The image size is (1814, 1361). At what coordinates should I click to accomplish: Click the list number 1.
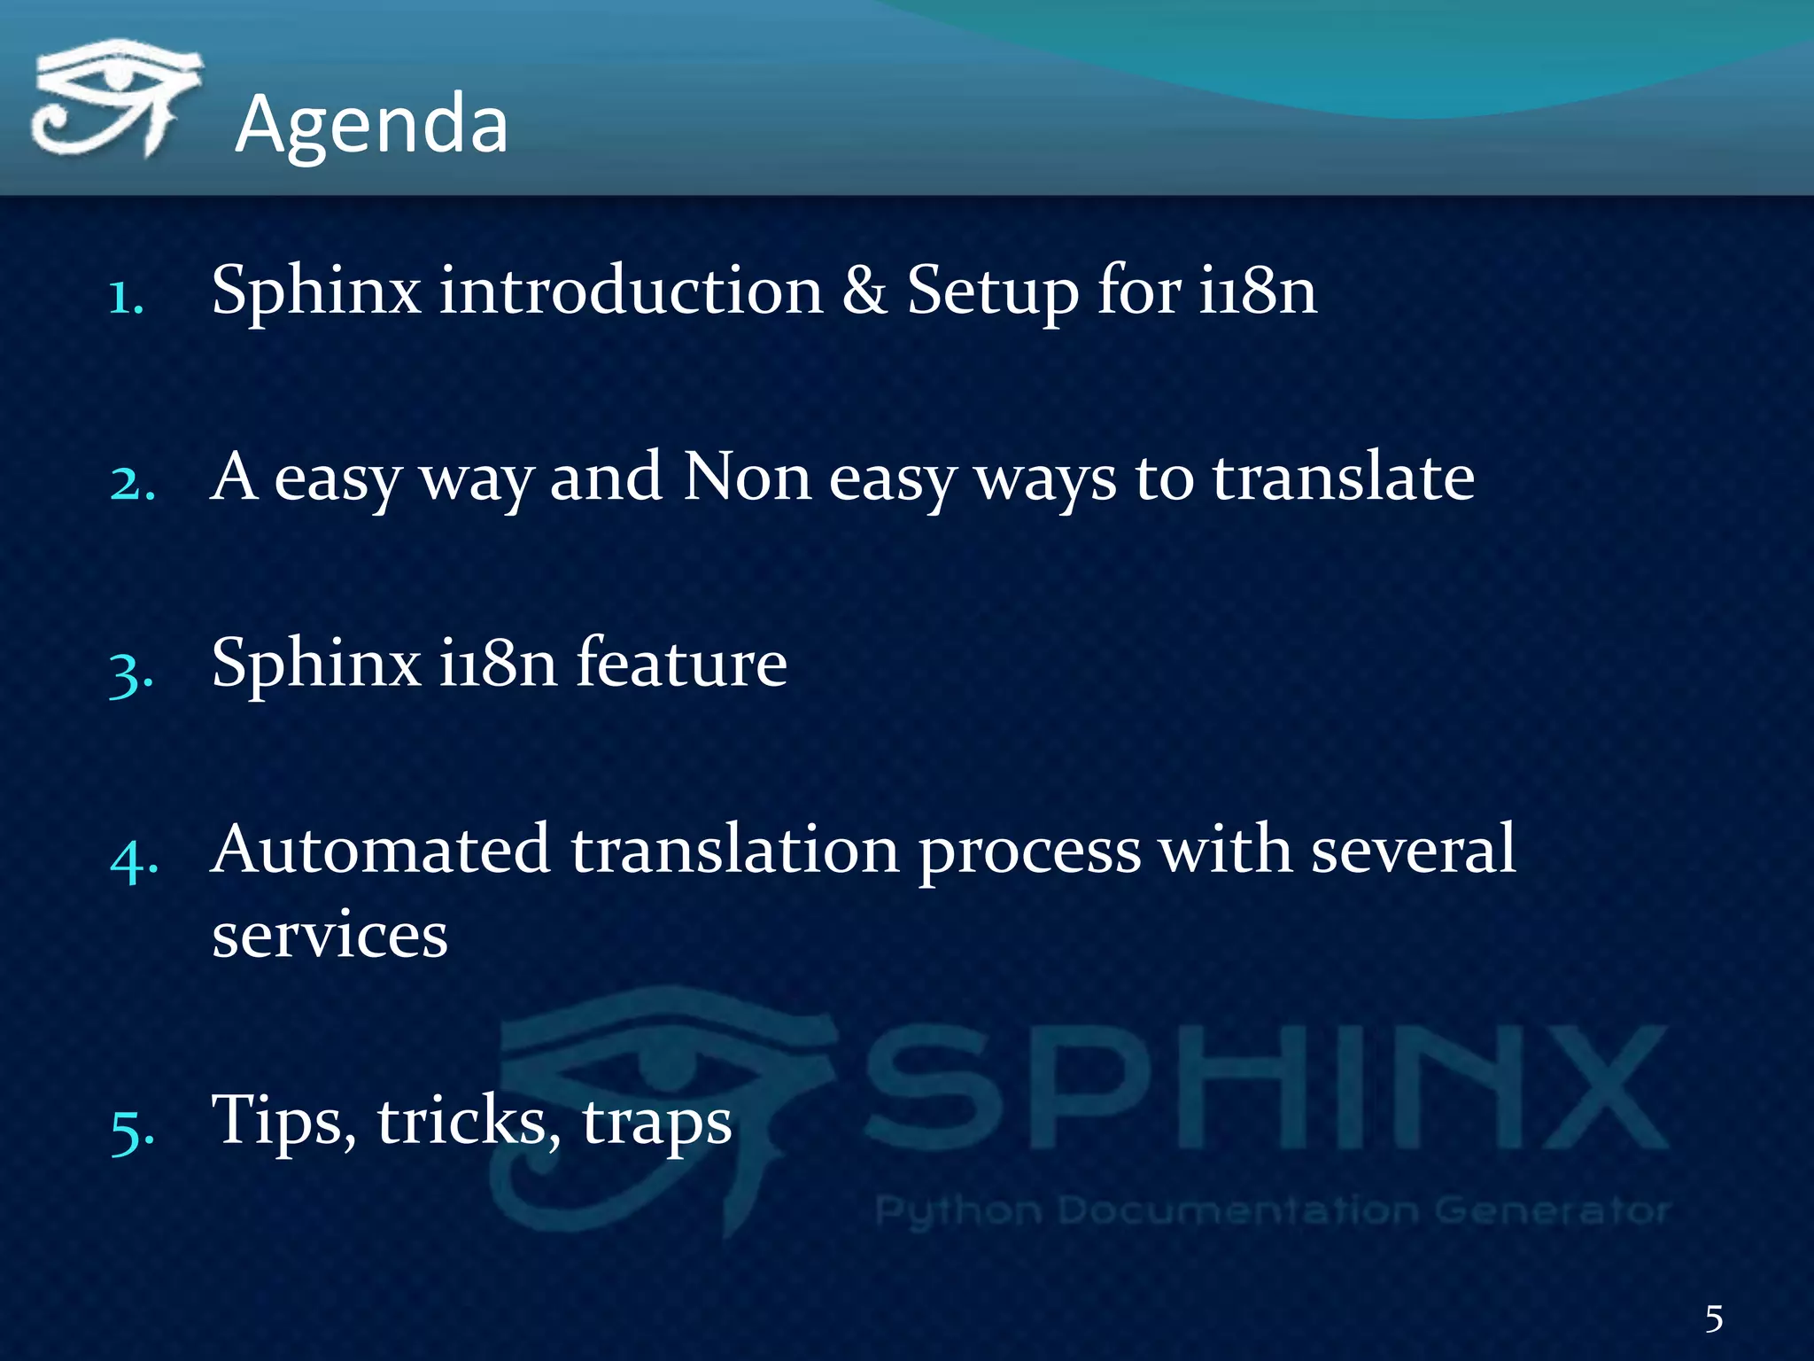pos(126,298)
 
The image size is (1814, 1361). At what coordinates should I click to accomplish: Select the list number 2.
pos(133,484)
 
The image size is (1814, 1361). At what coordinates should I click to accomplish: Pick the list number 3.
pos(131,673)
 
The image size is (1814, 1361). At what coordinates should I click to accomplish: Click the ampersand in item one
pos(864,291)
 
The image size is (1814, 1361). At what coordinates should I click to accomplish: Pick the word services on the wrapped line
pos(329,936)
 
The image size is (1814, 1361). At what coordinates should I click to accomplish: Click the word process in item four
pos(1029,852)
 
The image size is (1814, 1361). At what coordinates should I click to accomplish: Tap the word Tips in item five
pos(282,1122)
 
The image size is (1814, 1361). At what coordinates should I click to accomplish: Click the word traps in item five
pos(656,1124)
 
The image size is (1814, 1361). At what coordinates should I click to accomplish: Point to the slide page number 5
pos(1714,1319)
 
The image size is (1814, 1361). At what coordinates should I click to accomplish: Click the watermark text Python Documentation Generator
pos(1272,1210)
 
